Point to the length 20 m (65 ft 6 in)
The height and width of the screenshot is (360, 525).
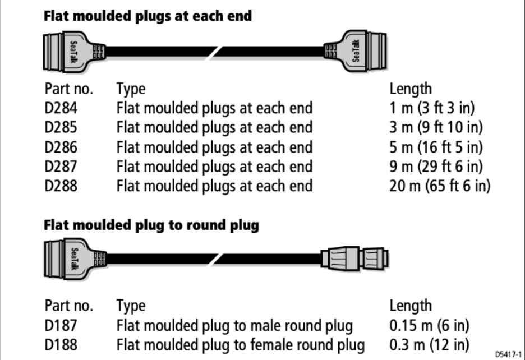coord(440,186)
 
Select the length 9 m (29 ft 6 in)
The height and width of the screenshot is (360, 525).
coord(435,166)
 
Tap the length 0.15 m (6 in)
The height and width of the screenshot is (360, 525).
coord(429,325)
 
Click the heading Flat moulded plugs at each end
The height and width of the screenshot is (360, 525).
coord(148,16)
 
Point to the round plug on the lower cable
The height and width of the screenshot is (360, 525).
coord(354,259)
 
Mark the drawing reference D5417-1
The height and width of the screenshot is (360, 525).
coord(508,354)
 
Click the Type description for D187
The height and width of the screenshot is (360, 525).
coord(234,325)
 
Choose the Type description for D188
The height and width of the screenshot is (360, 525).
coord(240,344)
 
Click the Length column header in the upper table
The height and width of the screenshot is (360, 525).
coord(411,89)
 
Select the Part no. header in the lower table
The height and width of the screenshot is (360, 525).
coord(68,306)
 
